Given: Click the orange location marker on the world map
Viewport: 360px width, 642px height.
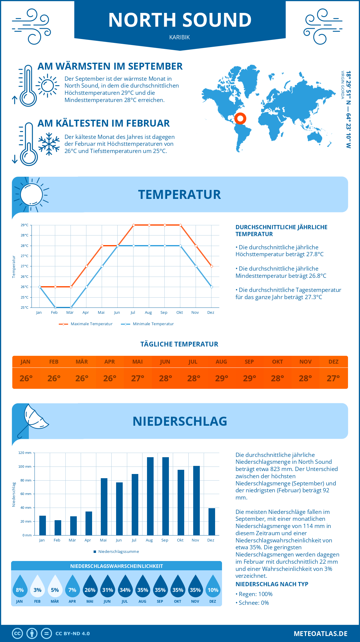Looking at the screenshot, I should click(x=240, y=118).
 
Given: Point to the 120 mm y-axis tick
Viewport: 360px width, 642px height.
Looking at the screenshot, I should click(x=25, y=453).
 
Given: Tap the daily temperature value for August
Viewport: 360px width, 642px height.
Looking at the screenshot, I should click(x=221, y=378).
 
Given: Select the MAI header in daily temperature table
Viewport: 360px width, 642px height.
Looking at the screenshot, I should click(x=138, y=362).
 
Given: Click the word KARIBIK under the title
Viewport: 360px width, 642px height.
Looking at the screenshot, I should click(x=179, y=37).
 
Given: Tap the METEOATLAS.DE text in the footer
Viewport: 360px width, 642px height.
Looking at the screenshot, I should click(x=320, y=634).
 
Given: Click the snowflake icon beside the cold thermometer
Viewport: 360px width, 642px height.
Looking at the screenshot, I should click(x=49, y=144).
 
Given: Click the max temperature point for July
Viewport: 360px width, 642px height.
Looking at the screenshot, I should click(x=133, y=225).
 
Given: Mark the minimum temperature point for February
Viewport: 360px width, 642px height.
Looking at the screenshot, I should click(x=55, y=307).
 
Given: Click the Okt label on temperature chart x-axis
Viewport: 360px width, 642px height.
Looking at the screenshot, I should click(x=179, y=313).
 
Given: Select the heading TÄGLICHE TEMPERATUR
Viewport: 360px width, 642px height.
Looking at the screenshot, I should click(x=179, y=344).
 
